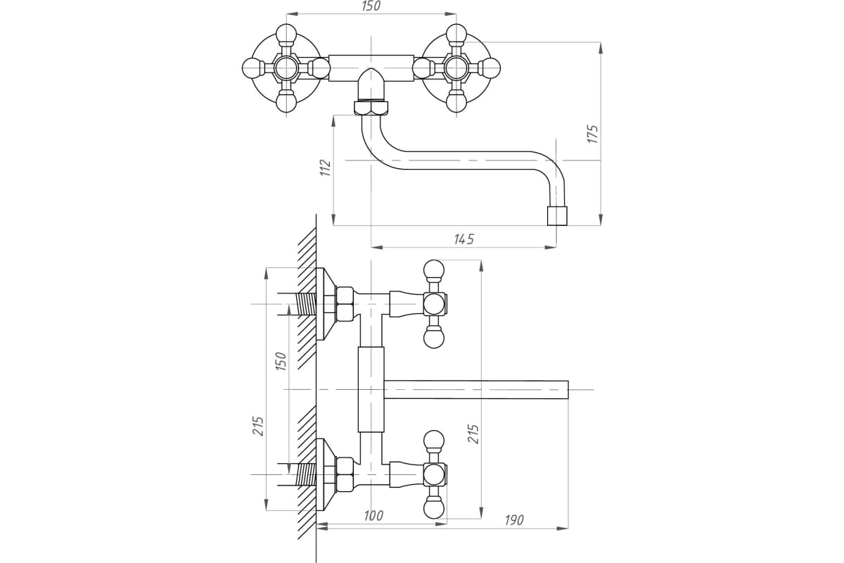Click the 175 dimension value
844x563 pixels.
pyautogui.click(x=592, y=134)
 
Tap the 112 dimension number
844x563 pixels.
pyautogui.click(x=325, y=167)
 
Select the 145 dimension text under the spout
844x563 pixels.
pyautogui.click(x=463, y=239)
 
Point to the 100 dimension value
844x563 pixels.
pyautogui.click(x=373, y=516)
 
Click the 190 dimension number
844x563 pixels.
pyautogui.click(x=513, y=520)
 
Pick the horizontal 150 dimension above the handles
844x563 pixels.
pyautogui.click(x=371, y=6)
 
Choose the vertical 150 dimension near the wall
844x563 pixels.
pyautogui.click(x=280, y=361)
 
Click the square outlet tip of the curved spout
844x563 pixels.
pyautogui.click(x=557, y=215)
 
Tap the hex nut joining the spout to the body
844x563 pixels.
pyautogui.click(x=370, y=108)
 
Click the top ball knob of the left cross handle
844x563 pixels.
pyautogui.click(x=287, y=33)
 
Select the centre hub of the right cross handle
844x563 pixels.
pyautogui.click(x=456, y=68)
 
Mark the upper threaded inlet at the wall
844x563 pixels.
pyautogui.click(x=303, y=304)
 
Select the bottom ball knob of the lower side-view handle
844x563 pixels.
pyautogui.click(x=433, y=508)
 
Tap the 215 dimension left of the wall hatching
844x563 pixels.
pyautogui.click(x=259, y=425)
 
